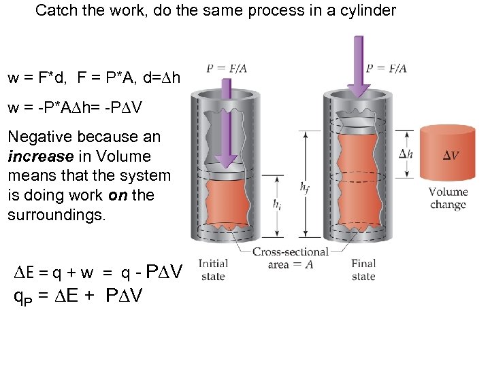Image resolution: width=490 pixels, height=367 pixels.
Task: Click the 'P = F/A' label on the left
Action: (226, 68)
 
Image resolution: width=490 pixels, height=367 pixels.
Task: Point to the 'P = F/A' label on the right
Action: (386, 68)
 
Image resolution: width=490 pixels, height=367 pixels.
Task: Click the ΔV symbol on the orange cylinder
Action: (451, 156)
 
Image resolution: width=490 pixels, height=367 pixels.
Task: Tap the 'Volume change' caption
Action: (448, 198)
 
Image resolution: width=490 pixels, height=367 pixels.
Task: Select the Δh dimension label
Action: (406, 154)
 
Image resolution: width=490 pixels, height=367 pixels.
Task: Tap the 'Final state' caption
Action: (363, 269)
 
